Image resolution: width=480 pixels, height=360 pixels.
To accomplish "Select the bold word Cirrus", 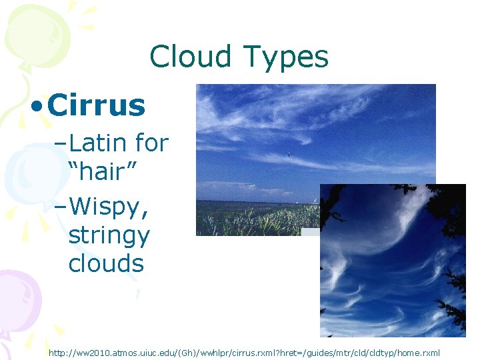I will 97,105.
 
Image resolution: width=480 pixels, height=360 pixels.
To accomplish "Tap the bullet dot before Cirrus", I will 38,106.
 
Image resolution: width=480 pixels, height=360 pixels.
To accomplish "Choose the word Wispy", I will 109,207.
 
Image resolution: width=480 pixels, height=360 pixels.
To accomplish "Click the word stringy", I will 109,235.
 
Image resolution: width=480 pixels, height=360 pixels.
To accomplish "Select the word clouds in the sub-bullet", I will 106,263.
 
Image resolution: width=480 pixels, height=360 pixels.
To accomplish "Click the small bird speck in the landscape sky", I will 289,155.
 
